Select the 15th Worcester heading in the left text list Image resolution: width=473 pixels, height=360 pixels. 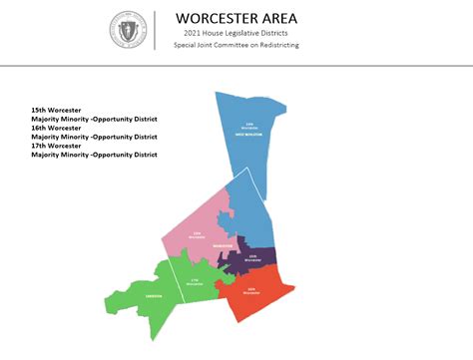click(56, 109)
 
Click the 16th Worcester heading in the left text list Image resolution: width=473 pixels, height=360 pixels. click(56, 128)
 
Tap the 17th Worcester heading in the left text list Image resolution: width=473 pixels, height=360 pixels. click(56, 146)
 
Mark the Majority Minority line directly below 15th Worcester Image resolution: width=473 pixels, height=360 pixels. click(95, 118)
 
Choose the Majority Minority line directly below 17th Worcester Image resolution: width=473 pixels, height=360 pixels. click(95, 155)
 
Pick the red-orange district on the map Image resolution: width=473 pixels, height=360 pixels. click(254, 294)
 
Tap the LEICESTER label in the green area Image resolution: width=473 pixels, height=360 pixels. click(153, 297)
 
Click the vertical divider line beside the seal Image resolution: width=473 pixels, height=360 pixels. click(156, 31)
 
